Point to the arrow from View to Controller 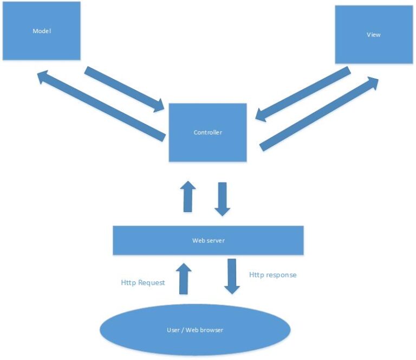coord(303,95)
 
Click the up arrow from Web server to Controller coord(188,196)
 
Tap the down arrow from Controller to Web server coord(222,199)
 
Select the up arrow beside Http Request coord(184,279)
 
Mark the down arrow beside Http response coord(232,276)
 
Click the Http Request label coord(142,282)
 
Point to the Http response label coord(272,275)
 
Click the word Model coord(41,31)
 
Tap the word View coord(374,35)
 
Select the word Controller coord(208,132)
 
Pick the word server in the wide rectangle coord(215,240)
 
